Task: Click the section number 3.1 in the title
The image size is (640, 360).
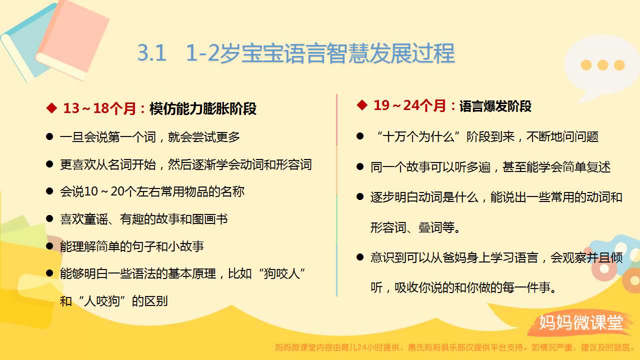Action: pyautogui.click(x=151, y=53)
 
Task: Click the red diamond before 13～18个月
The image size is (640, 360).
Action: pyautogui.click(x=51, y=108)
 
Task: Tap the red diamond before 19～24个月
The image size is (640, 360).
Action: pyautogui.click(x=362, y=105)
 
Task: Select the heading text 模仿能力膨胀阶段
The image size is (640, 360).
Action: pyautogui.click(x=203, y=108)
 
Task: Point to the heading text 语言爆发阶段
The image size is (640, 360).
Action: pyautogui.click(x=495, y=106)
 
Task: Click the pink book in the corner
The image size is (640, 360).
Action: pyautogui.click(x=72, y=38)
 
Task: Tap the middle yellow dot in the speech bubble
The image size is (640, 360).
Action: pyautogui.click(x=602, y=65)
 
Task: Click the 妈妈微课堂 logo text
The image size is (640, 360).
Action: pyautogui.click(x=581, y=322)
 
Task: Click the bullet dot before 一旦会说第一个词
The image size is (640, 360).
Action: pyautogui.click(x=49, y=136)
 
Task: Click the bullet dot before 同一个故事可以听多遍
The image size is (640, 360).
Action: pyautogui.click(x=360, y=166)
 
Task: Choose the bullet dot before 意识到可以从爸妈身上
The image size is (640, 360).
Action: pyautogui.click(x=360, y=257)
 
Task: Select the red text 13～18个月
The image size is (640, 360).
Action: pyautogui.click(x=99, y=108)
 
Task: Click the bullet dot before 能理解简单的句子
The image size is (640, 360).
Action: pyautogui.click(x=49, y=246)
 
